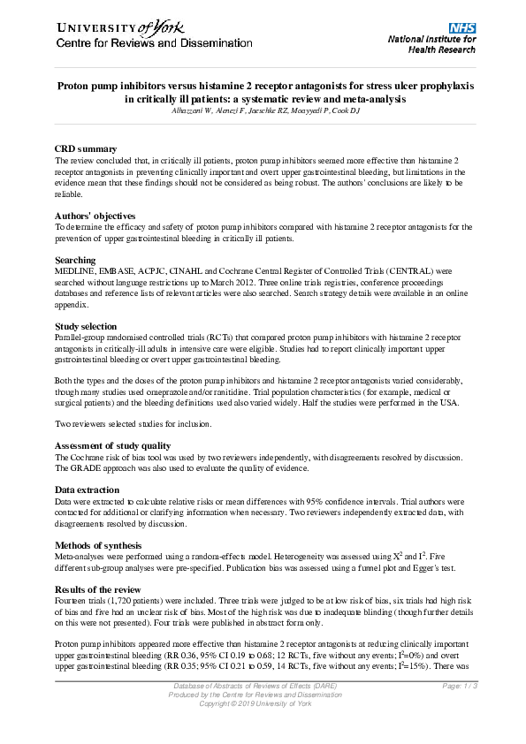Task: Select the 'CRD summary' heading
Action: (x=86, y=149)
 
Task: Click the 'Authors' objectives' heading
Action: (x=95, y=216)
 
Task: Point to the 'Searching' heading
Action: (x=76, y=260)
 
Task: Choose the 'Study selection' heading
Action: (x=86, y=326)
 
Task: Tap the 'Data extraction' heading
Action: (x=88, y=490)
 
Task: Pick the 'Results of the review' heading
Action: (x=98, y=588)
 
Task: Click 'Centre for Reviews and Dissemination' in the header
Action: (x=141, y=43)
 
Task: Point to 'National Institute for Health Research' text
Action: (x=431, y=44)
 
